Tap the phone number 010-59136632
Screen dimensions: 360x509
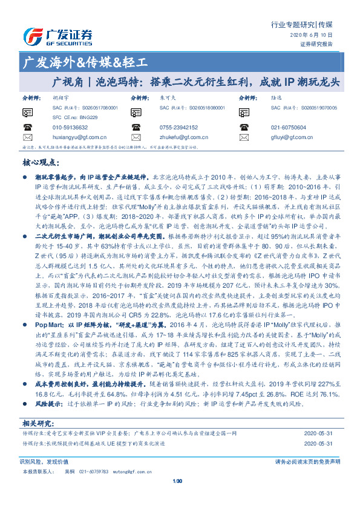coord(70,128)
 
